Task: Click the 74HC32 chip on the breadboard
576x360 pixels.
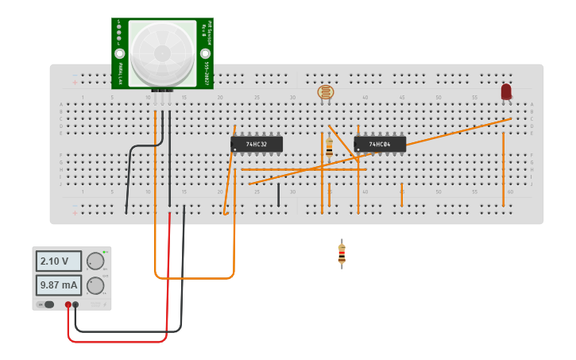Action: click(x=256, y=145)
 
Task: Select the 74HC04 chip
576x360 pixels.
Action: click(x=380, y=145)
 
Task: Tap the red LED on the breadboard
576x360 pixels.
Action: click(x=506, y=92)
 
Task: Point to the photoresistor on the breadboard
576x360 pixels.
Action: click(x=326, y=93)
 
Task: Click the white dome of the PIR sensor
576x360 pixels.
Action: click(x=162, y=52)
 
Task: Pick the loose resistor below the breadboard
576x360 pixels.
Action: click(x=342, y=254)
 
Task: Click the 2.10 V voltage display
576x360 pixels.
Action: click(x=58, y=261)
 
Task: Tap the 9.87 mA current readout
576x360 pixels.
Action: click(x=58, y=285)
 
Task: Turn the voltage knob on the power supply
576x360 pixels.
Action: click(x=95, y=261)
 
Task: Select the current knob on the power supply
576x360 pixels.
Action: click(x=95, y=285)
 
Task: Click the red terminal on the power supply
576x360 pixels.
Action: click(x=68, y=304)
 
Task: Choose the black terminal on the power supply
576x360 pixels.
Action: click(x=76, y=304)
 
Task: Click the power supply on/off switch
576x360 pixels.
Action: click(x=47, y=304)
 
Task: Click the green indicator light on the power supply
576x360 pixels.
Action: click(x=104, y=251)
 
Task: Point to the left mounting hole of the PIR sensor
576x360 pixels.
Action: click(x=120, y=52)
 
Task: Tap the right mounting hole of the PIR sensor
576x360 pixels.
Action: click(x=205, y=52)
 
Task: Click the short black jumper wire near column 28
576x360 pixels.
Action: click(x=278, y=194)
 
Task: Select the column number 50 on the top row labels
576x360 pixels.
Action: click(x=438, y=98)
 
